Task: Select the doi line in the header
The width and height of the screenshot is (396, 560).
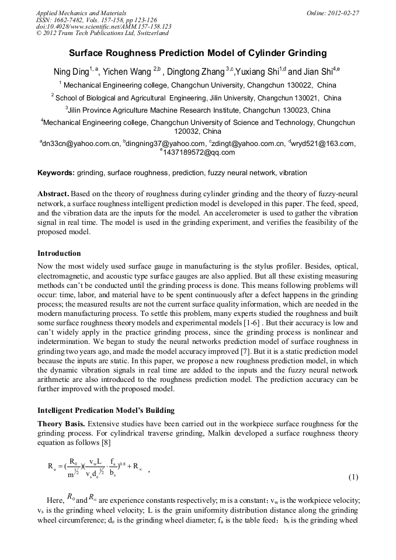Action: tap(103, 27)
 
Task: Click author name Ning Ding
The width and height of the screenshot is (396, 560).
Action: tap(70, 72)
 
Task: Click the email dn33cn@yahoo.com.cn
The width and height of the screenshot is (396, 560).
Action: tap(81, 143)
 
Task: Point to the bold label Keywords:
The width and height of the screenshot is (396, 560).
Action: tap(56, 173)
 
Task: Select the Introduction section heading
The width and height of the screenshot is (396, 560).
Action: tap(59, 253)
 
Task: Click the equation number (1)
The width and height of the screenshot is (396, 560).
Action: tap(353, 477)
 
